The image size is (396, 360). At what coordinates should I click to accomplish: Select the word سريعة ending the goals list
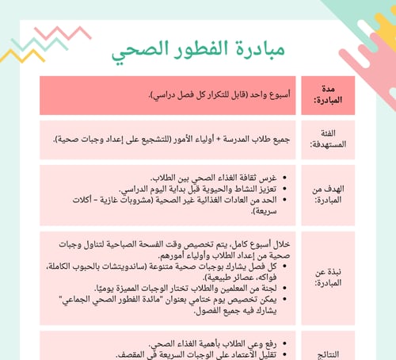[268, 212]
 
